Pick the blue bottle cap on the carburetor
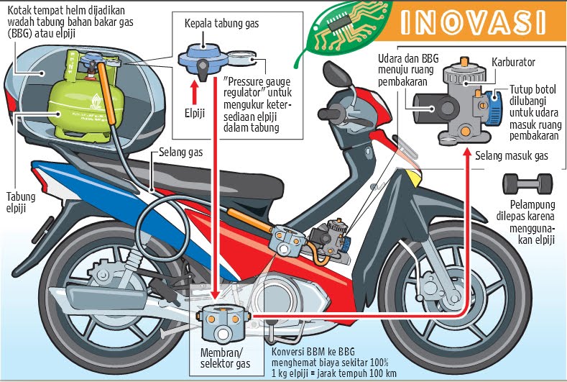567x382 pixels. click(496, 106)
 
